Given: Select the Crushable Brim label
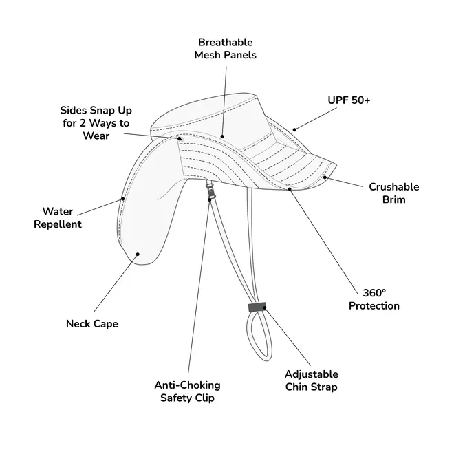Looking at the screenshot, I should [x=393, y=193].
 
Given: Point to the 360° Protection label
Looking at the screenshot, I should [x=374, y=299].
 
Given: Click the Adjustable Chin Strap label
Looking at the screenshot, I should [x=311, y=380].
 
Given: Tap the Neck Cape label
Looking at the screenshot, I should [x=91, y=324].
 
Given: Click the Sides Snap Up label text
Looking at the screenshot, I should [x=96, y=122].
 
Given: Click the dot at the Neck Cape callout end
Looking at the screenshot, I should [x=138, y=254].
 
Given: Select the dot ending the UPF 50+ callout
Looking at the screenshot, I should [x=294, y=129].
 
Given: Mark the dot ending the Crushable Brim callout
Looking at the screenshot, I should [x=325, y=177].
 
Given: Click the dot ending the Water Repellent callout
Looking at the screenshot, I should [x=124, y=199].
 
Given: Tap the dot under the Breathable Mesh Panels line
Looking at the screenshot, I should [x=221, y=137].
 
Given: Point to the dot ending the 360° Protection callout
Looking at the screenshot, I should [x=291, y=187].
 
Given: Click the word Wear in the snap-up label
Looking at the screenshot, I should [x=96, y=136].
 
